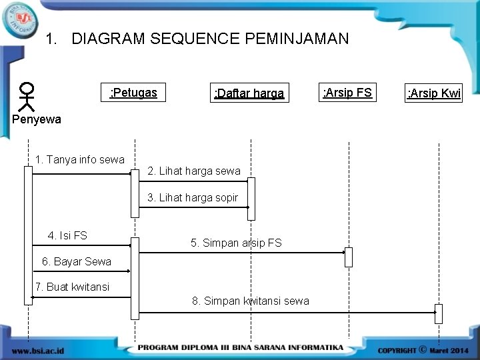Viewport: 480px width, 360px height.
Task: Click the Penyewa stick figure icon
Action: coord(27,96)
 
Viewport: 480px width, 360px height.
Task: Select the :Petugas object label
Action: coord(133,92)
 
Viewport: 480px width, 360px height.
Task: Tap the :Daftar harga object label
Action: coord(248,93)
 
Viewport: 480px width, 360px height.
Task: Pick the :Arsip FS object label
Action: coord(347,92)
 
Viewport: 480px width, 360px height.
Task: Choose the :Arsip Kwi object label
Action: coord(434,93)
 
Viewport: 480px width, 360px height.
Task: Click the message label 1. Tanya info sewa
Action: coord(80,159)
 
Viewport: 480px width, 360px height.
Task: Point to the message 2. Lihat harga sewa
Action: coord(193,171)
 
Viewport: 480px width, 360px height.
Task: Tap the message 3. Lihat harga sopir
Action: coord(192,197)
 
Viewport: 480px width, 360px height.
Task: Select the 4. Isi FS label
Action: coord(67,235)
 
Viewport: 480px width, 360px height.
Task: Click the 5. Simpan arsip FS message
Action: coord(236,243)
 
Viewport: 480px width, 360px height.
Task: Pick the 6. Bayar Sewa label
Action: coord(77,261)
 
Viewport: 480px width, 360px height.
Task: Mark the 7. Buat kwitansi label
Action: coord(73,287)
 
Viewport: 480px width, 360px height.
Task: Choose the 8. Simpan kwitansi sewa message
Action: coord(251,301)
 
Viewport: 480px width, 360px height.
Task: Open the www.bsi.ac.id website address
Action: coord(38,349)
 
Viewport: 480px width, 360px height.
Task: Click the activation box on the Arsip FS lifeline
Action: coord(348,257)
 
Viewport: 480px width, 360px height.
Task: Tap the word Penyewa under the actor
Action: coord(37,119)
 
